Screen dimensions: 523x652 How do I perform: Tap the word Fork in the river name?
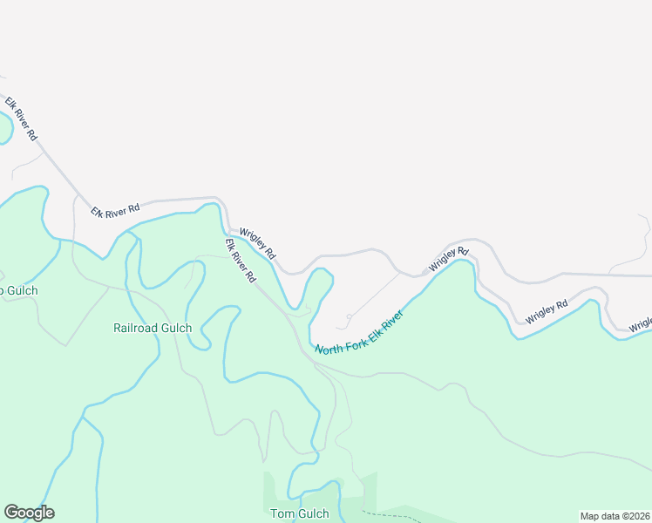[x=353, y=337]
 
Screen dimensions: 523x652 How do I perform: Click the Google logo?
[x=29, y=513]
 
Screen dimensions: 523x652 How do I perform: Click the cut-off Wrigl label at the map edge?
[x=642, y=324]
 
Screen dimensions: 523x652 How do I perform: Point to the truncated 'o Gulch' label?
[x=18, y=290]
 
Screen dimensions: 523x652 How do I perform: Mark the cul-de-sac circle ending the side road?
[x=349, y=316]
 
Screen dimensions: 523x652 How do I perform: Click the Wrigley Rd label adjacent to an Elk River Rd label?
[x=258, y=244]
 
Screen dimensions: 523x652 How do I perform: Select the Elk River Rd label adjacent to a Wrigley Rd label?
[x=241, y=261]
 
